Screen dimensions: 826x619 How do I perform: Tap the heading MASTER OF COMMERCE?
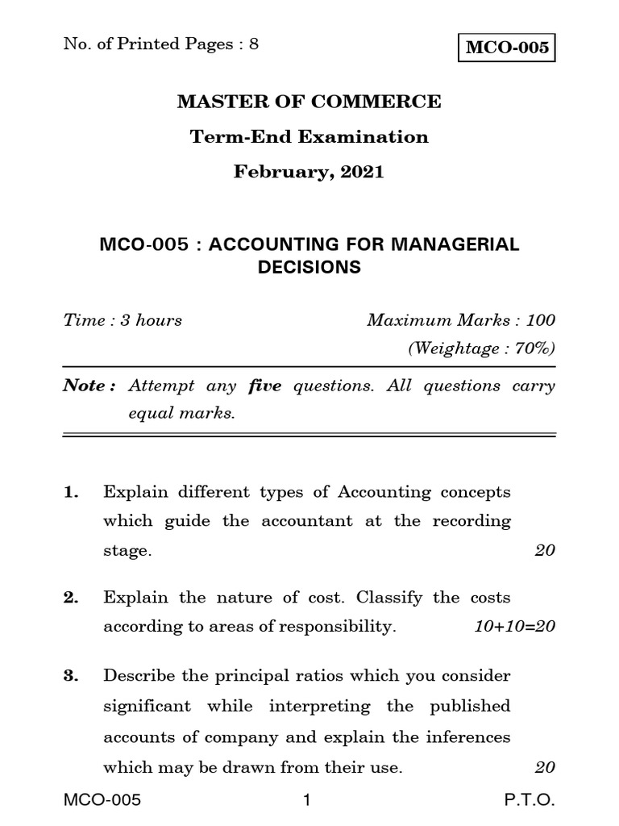pos(309,102)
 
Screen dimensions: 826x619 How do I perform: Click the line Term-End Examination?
pos(309,137)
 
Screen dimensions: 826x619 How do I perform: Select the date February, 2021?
pos(309,172)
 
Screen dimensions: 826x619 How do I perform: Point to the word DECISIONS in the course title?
pos(309,267)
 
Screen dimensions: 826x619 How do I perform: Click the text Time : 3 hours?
pos(123,320)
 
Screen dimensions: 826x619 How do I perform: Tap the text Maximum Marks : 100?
pos(461,320)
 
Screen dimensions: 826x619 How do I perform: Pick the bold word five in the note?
pos(264,386)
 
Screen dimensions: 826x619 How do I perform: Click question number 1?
pos(72,492)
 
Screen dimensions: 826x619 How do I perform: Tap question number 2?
pos(72,598)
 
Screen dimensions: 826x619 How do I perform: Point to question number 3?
pos(72,675)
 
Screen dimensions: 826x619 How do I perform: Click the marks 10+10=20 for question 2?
pos(515,628)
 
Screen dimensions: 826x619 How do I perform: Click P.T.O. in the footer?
pos(530,800)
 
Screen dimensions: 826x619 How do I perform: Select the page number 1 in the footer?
pos(307,800)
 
